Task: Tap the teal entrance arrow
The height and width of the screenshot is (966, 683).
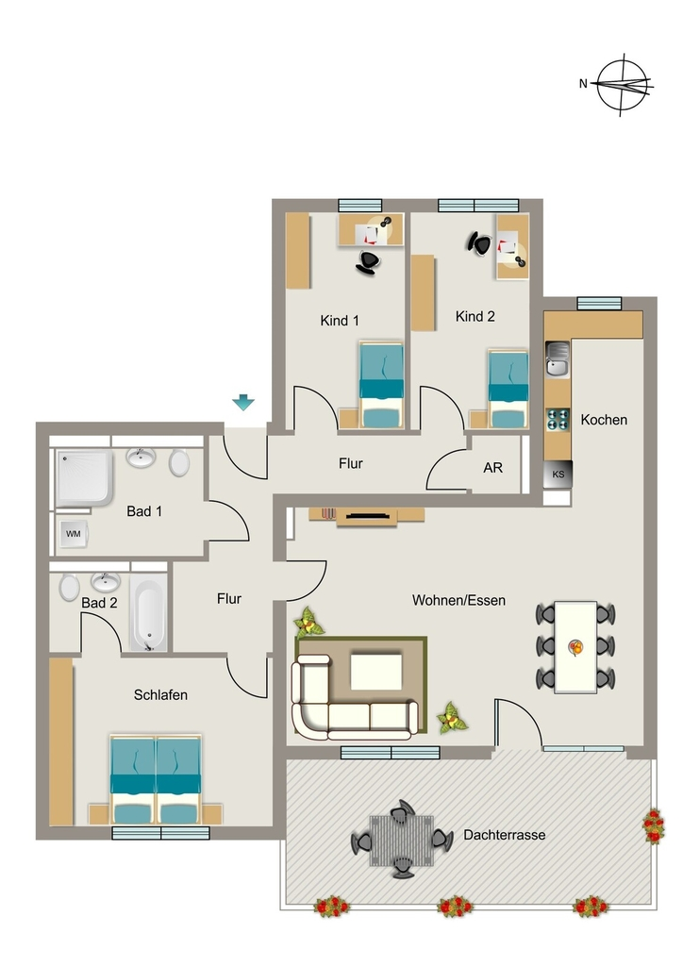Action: [x=243, y=402]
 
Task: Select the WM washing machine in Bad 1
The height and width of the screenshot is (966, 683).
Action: [x=74, y=534]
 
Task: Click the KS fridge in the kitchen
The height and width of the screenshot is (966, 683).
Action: [x=558, y=475]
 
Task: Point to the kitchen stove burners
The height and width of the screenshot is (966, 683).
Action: [x=558, y=419]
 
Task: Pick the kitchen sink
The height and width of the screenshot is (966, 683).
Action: [x=558, y=358]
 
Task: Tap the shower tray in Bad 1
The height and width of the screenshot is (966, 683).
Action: [x=84, y=478]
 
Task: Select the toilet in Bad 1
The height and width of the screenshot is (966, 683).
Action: [x=179, y=462]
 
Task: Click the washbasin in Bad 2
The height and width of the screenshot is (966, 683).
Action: [x=106, y=581]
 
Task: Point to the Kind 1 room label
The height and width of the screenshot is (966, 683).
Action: [x=340, y=321]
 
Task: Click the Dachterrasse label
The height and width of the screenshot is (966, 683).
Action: [x=505, y=836]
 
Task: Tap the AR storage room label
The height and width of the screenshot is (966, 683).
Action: [x=492, y=468]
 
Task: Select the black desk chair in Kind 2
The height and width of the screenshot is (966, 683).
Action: [x=478, y=243]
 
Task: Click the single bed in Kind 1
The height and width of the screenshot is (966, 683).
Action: [x=382, y=386]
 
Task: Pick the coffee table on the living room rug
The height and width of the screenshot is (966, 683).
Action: [x=376, y=672]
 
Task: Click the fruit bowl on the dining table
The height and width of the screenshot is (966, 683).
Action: [x=575, y=647]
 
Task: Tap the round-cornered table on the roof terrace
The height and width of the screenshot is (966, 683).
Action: [x=402, y=841]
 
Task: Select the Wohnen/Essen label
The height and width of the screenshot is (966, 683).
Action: [x=458, y=600]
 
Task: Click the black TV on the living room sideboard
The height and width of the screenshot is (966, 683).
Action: [x=368, y=516]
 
